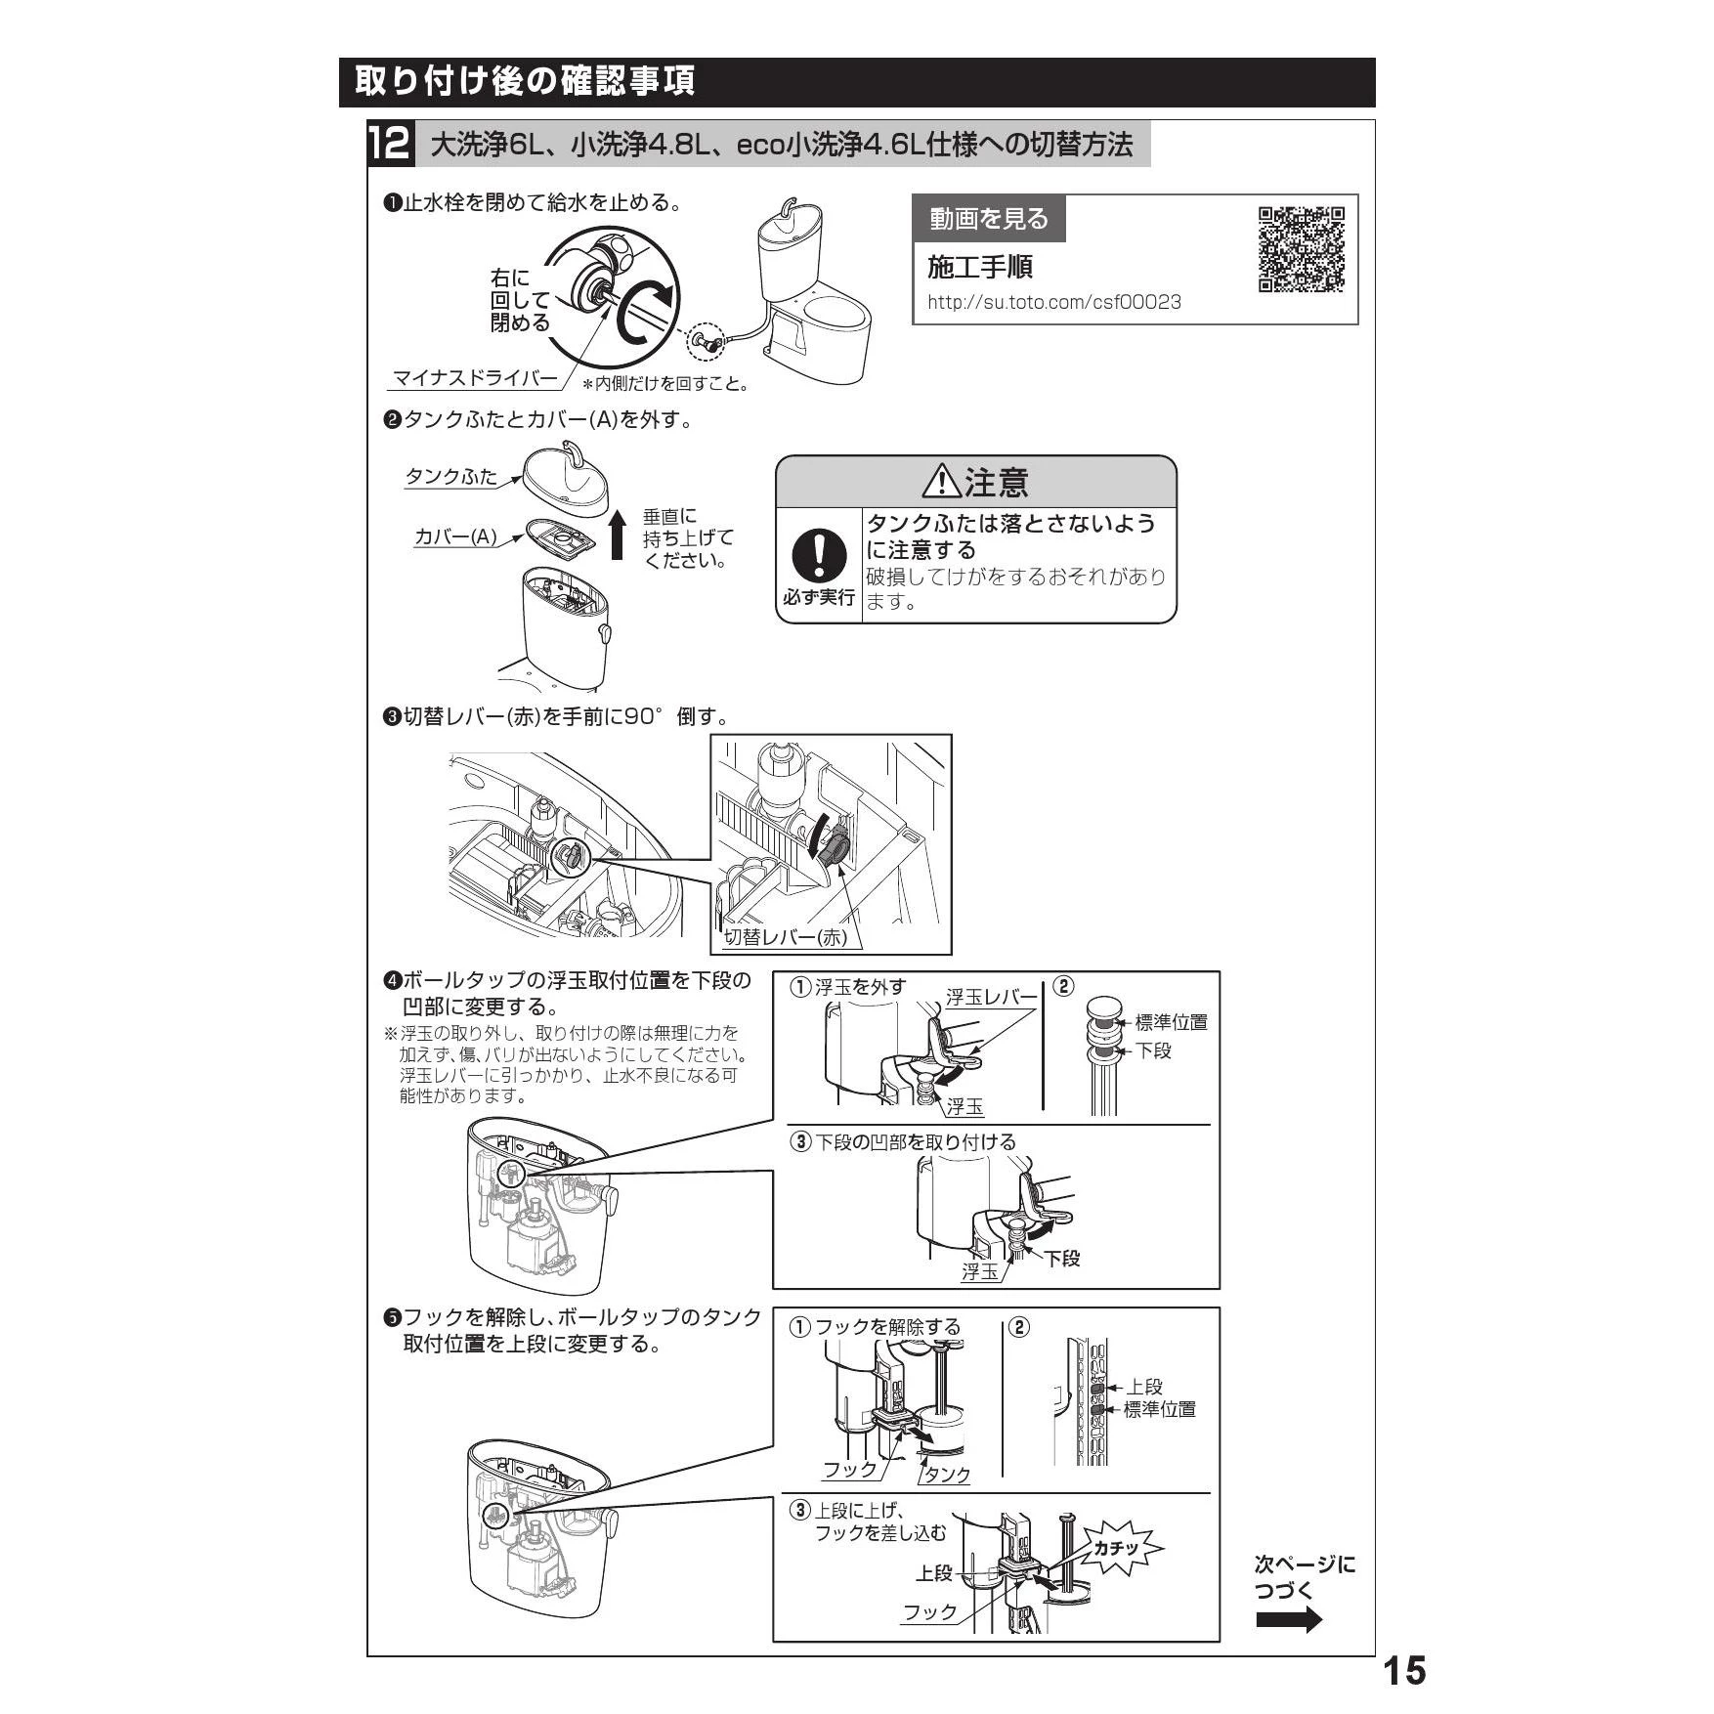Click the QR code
[x=1301, y=250]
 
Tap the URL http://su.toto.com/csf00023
[x=1054, y=302]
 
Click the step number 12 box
[x=391, y=145]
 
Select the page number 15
[x=1404, y=1670]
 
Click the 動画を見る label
[x=989, y=219]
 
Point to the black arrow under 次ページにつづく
[x=1289, y=1620]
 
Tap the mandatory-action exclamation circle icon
[x=818, y=553]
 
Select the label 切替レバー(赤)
[x=785, y=938]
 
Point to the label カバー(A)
[x=455, y=536]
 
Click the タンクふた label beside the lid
[x=451, y=477]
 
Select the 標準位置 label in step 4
[x=1171, y=1022]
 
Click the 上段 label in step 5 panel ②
[x=1144, y=1387]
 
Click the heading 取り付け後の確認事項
[x=525, y=80]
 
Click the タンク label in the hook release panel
[x=948, y=1475]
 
